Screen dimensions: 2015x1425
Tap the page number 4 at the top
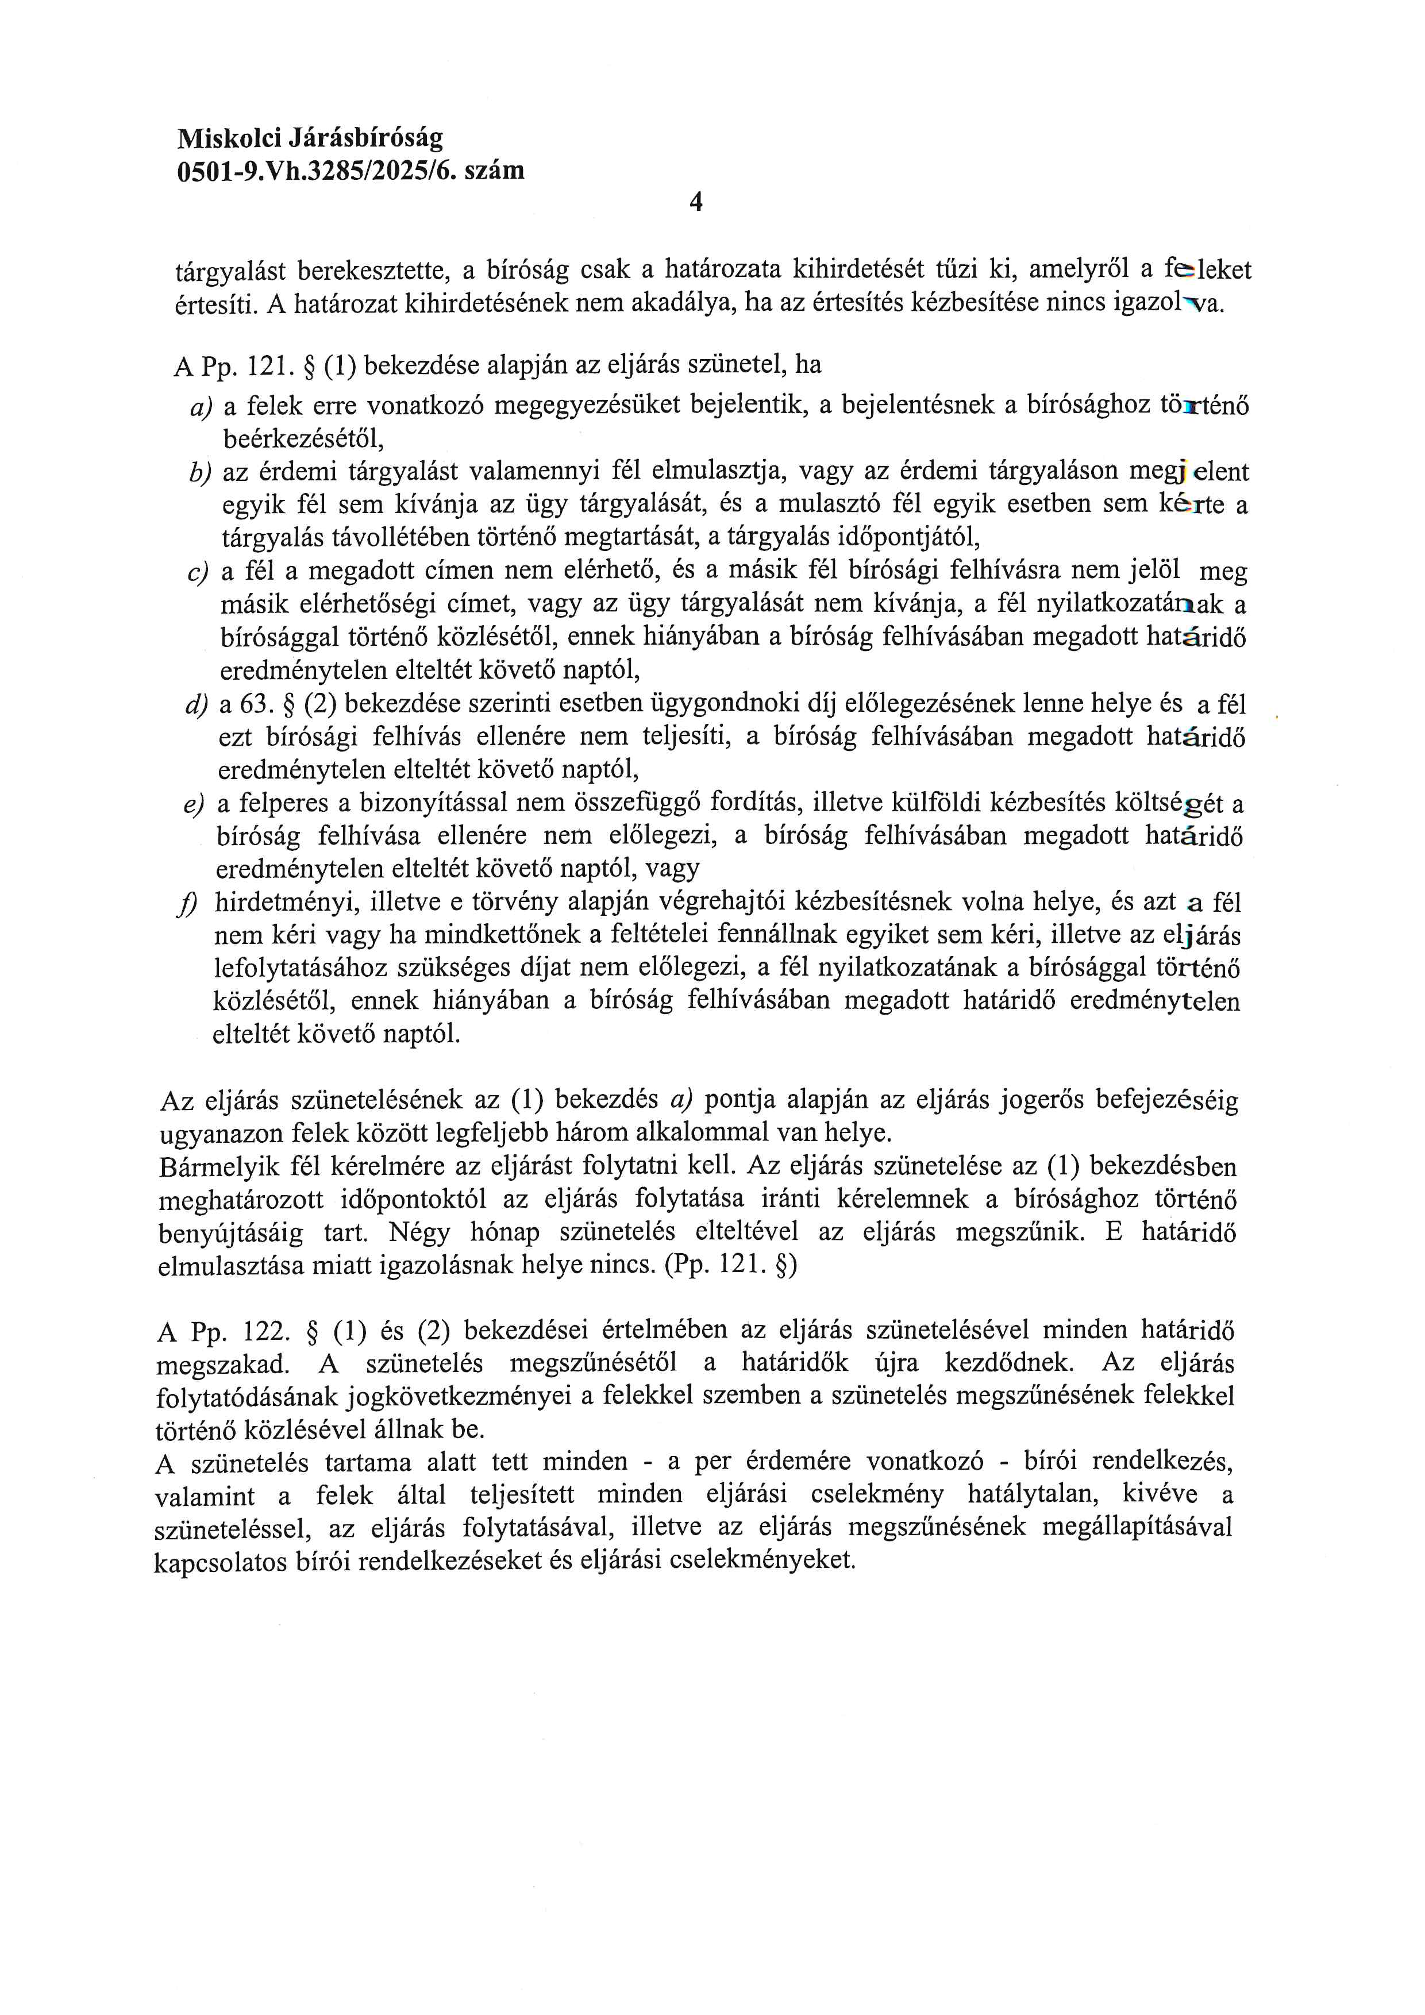[696, 203]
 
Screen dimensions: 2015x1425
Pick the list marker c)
[198, 573]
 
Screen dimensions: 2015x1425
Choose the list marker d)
[197, 705]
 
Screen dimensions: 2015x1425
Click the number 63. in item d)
[252, 705]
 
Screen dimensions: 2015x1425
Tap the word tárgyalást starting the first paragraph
[230, 271]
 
